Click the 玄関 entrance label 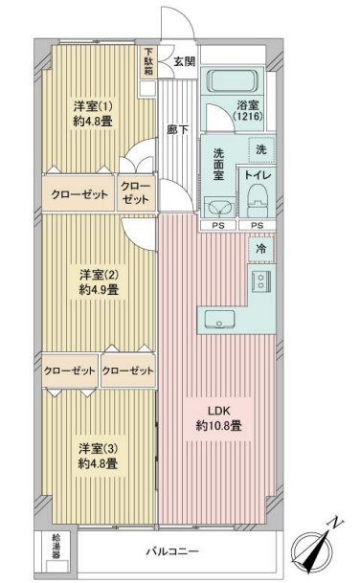(x=185, y=61)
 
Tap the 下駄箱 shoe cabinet (x=148, y=61)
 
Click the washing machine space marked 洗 (x=261, y=149)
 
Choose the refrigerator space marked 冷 (x=261, y=248)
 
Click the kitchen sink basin (x=219, y=320)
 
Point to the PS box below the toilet (x=257, y=225)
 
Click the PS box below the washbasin (x=218, y=225)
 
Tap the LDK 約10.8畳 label (x=219, y=418)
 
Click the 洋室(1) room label (x=93, y=106)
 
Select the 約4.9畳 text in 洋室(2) (x=99, y=289)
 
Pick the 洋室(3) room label (x=99, y=449)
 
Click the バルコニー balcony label (x=172, y=551)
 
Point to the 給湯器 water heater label (x=56, y=547)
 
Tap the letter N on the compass (x=336, y=523)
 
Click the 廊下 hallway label (x=177, y=130)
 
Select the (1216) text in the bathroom (x=248, y=116)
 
